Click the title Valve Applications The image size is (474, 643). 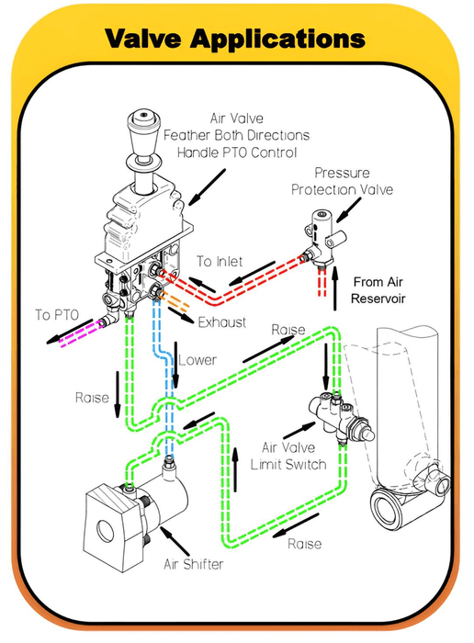point(235,39)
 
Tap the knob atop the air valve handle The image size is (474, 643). point(144,120)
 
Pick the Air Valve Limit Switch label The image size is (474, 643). point(293,456)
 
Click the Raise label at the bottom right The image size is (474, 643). point(304,544)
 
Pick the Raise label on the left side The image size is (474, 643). point(92,398)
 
